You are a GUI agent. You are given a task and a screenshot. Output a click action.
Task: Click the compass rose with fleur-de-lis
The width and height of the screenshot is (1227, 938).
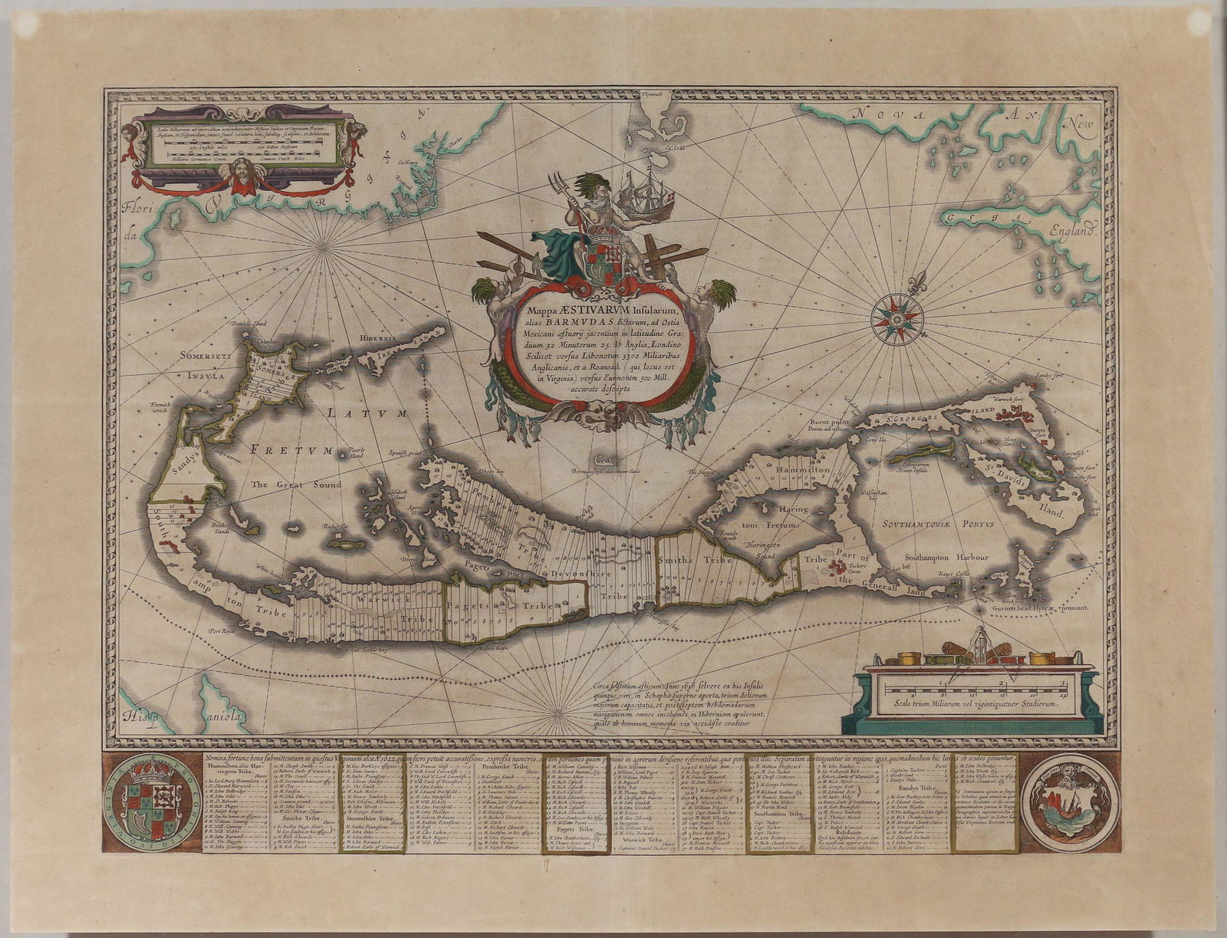click(x=896, y=318)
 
